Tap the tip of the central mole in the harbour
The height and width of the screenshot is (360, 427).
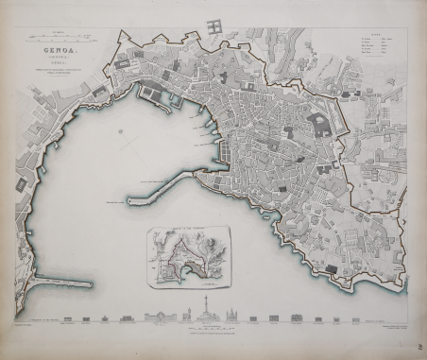tap(128, 201)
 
